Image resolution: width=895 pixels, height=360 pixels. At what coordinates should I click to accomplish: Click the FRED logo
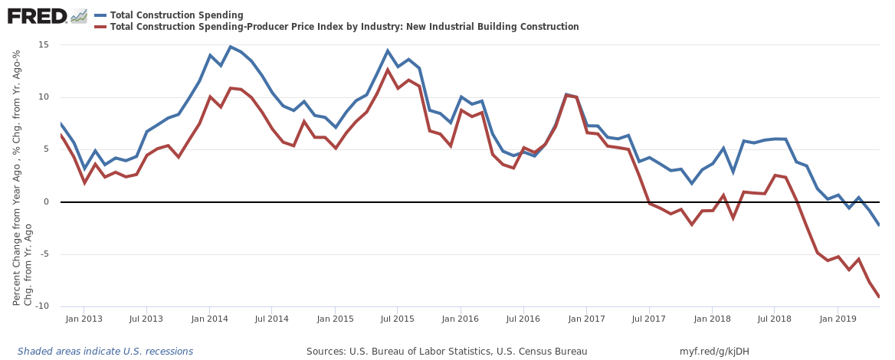click(37, 15)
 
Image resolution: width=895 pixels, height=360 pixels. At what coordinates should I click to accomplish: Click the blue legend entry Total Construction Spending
click(176, 15)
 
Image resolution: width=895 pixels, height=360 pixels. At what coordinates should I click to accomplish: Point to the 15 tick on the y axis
click(43, 44)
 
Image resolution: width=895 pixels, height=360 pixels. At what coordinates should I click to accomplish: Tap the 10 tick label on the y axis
click(43, 97)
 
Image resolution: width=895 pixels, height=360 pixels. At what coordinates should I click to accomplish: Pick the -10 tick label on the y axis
click(42, 306)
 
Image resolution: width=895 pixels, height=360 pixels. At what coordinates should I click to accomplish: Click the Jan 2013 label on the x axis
click(84, 318)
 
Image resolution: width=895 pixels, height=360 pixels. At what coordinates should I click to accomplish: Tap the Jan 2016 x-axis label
click(461, 318)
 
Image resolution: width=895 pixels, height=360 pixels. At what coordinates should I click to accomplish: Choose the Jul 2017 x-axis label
click(648, 318)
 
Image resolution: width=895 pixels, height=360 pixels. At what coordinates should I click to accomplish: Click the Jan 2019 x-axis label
click(838, 318)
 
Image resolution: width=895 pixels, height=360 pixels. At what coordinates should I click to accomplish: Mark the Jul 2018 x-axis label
click(775, 318)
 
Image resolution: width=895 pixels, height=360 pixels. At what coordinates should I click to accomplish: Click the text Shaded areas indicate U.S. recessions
click(105, 352)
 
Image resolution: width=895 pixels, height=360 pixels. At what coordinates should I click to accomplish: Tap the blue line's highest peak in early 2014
click(231, 47)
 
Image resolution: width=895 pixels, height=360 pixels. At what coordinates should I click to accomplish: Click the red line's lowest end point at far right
click(879, 296)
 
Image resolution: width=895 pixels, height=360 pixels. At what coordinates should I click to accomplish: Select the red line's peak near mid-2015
click(388, 70)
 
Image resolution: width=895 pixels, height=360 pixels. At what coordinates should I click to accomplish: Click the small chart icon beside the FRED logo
click(79, 15)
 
